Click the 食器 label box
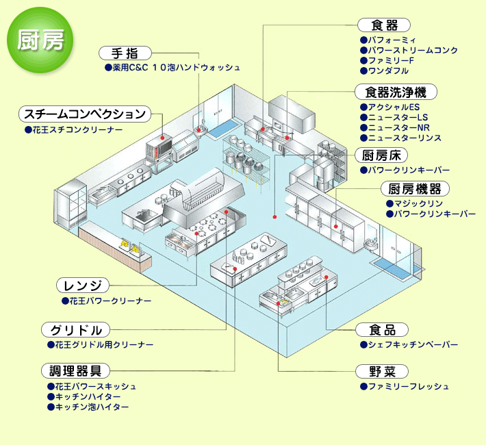pos(384,26)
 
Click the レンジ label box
pos(82,285)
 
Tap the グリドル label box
pos(75,329)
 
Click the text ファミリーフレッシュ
pos(408,387)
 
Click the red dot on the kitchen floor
pos(274,217)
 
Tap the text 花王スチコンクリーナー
pos(77,129)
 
